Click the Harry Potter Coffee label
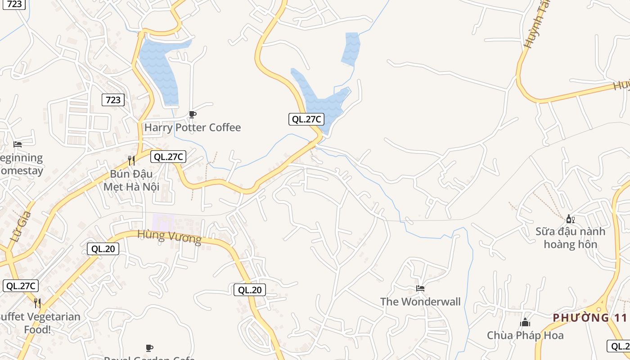pos(192,128)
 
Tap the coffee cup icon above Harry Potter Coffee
pos(192,115)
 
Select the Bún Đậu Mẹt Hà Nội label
pos(131,180)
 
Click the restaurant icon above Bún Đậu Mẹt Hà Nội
pos(131,160)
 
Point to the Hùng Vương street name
pos(169,236)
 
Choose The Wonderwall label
pos(420,301)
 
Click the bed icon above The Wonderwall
pos(420,288)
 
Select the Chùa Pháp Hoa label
pos(525,335)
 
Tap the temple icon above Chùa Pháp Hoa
pos(525,322)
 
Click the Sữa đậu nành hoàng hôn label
pos(570,238)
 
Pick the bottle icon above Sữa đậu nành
pos(570,219)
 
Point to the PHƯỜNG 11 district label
pos(590,318)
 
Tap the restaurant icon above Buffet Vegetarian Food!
pos(37,303)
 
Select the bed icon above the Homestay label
pos(18,144)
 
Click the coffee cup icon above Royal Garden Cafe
pos(149,348)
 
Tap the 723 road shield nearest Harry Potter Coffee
pos(113,99)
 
